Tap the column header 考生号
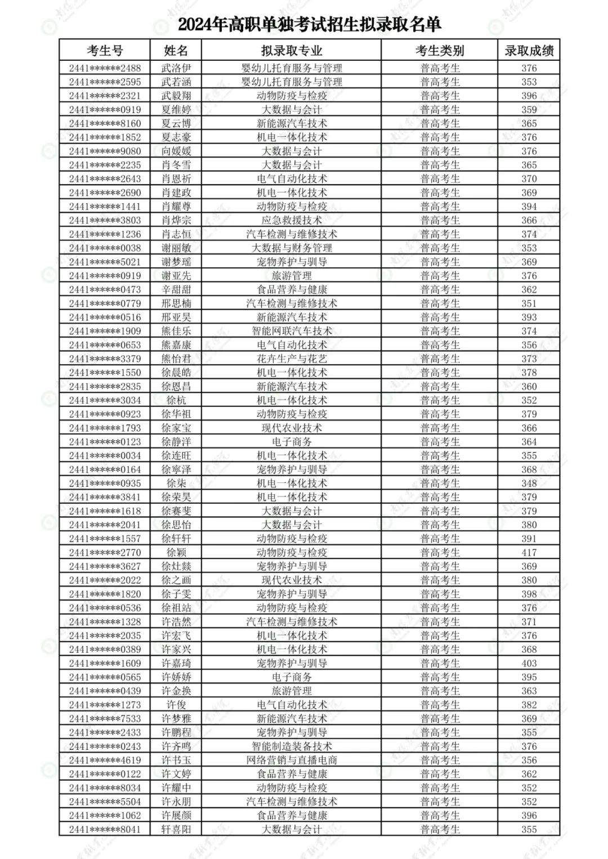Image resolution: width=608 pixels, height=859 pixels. pyautogui.click(x=105, y=50)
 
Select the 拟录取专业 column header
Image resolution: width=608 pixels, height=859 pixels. pyautogui.click(x=291, y=50)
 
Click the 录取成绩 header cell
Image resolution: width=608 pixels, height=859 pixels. pyautogui.click(x=529, y=50)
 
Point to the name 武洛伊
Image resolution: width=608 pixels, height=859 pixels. pyautogui.click(x=176, y=68)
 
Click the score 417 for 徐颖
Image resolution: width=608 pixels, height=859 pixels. pyautogui.click(x=529, y=553)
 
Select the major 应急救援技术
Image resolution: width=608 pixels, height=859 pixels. pyautogui.click(x=291, y=220)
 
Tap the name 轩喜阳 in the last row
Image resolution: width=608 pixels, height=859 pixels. pyautogui.click(x=176, y=829)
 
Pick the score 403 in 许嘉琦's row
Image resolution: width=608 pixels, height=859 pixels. pyautogui.click(x=529, y=663)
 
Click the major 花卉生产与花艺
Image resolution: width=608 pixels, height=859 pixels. pyautogui.click(x=291, y=359)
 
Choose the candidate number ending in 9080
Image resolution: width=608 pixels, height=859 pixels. pyautogui.click(x=105, y=151)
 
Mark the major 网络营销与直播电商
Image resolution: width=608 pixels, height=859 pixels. pyautogui.click(x=291, y=760)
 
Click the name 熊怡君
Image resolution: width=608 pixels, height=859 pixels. pyautogui.click(x=176, y=359)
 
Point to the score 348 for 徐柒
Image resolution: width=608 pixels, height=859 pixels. pyautogui.click(x=529, y=484)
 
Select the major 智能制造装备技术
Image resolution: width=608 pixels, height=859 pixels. pyautogui.click(x=291, y=746)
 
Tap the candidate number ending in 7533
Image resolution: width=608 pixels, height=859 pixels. pyautogui.click(x=105, y=719)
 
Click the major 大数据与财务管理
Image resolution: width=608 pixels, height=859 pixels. pyautogui.click(x=291, y=248)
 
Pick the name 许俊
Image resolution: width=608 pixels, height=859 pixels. pyautogui.click(x=176, y=705)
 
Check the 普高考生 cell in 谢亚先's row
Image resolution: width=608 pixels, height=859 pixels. pyautogui.click(x=440, y=276)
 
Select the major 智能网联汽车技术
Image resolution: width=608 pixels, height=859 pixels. pyautogui.click(x=291, y=331)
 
